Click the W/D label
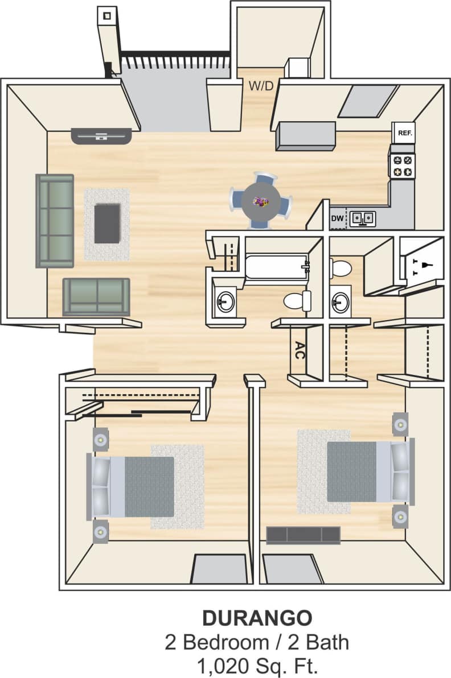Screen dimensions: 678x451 261,86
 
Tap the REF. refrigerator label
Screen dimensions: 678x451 405,133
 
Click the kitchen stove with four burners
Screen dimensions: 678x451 401,166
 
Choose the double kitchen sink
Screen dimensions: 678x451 363,218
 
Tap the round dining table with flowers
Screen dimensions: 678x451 261,201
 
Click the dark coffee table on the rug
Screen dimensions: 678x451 107,223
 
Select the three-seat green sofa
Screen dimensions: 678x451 55,221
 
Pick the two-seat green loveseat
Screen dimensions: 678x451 96,296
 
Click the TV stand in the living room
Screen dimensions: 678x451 101,135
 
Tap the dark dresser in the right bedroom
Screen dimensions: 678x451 304,535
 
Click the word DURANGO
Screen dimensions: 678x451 257,617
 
